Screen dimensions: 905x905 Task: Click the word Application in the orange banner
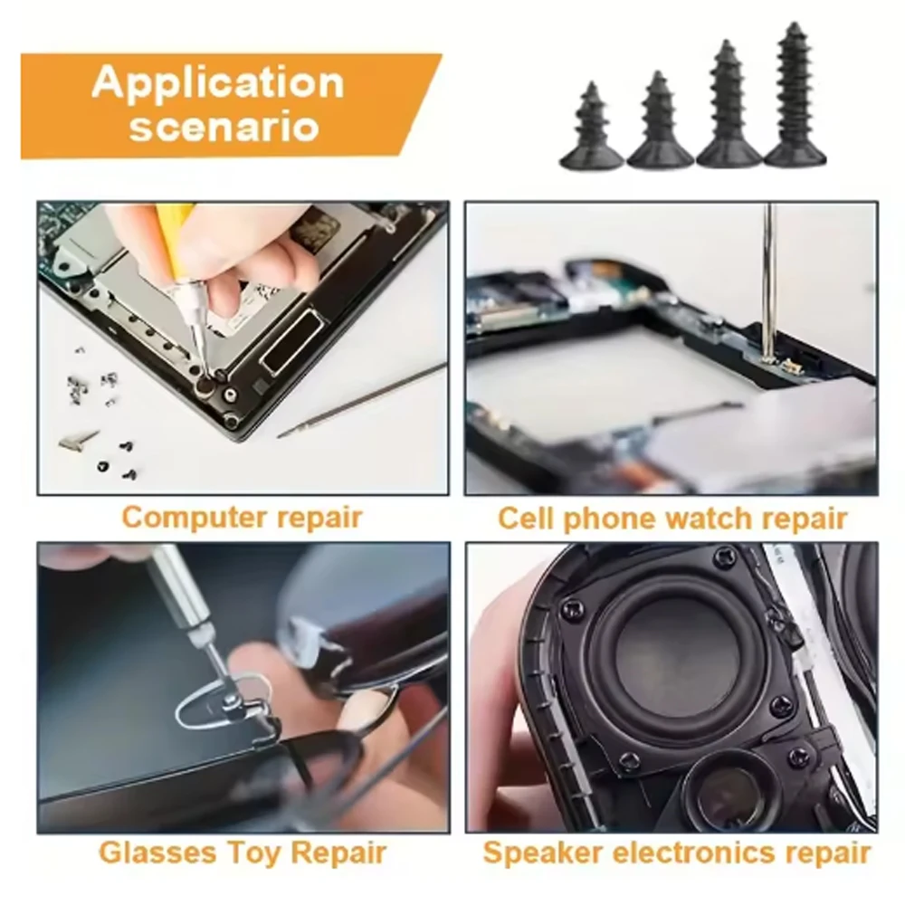[217, 83]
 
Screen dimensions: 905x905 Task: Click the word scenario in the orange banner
[224, 126]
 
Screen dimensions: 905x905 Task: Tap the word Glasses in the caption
[159, 852]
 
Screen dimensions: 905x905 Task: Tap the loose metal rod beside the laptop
[362, 400]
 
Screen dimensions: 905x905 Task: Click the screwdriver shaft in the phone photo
[768, 281]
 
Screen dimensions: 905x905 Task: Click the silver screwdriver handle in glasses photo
[181, 588]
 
